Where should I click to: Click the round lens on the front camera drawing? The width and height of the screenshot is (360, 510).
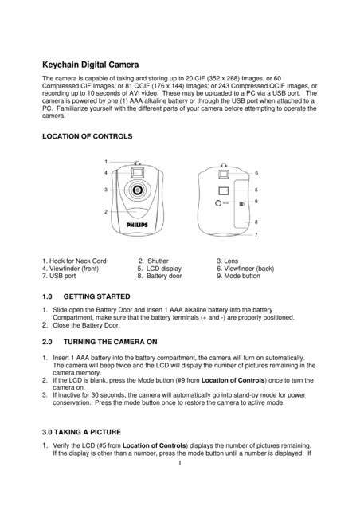click(x=138, y=190)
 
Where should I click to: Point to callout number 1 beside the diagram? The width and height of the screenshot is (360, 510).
click(x=106, y=161)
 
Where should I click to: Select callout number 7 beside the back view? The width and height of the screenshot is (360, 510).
click(x=256, y=236)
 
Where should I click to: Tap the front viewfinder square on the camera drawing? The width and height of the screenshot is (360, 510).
click(x=138, y=171)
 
